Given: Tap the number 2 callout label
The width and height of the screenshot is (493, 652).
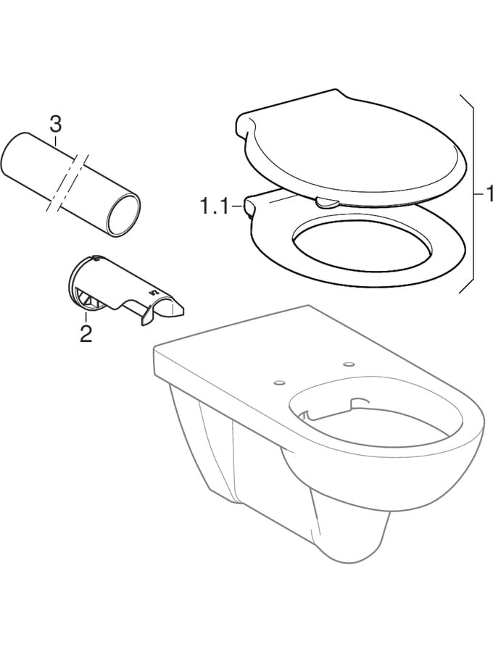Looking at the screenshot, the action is pos(86,333).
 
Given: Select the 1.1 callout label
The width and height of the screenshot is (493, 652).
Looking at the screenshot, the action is pos(215,206).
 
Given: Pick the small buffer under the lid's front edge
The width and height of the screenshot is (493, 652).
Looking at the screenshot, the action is pos(327,203).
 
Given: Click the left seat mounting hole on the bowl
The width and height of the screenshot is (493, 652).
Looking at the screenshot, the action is pos(280,381).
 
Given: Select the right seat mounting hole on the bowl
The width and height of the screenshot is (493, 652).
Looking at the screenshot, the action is pos(348,364).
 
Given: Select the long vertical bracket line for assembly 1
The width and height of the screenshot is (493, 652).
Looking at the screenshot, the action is pos(473,194).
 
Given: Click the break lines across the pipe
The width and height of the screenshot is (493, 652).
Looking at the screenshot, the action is pos(68,183).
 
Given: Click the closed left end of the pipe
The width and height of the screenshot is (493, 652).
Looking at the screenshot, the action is pos(12,157).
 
